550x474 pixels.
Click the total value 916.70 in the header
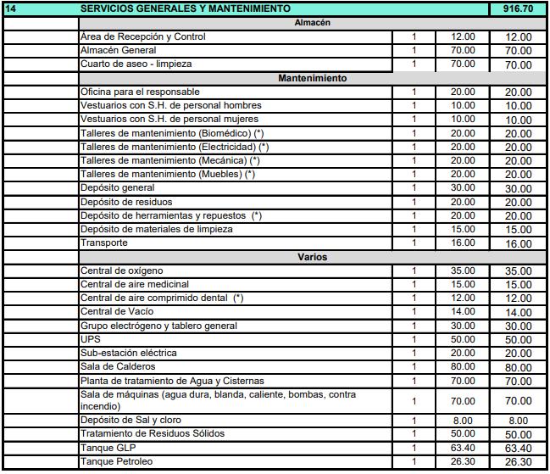(518, 8)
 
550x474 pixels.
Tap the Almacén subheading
(312, 23)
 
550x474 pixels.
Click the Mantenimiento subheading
(312, 78)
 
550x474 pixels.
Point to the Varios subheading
(312, 256)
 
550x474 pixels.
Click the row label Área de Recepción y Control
(142, 37)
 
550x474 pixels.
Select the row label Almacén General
(118, 51)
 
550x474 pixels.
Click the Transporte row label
(104, 243)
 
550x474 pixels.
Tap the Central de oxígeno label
(122, 270)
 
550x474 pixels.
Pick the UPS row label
(90, 339)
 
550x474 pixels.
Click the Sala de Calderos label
(118, 366)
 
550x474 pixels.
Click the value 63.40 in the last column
(518, 449)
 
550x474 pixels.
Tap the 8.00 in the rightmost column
(518, 421)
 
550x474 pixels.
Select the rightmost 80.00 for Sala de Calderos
(518, 367)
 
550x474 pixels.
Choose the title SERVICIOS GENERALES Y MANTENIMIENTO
(185, 8)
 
